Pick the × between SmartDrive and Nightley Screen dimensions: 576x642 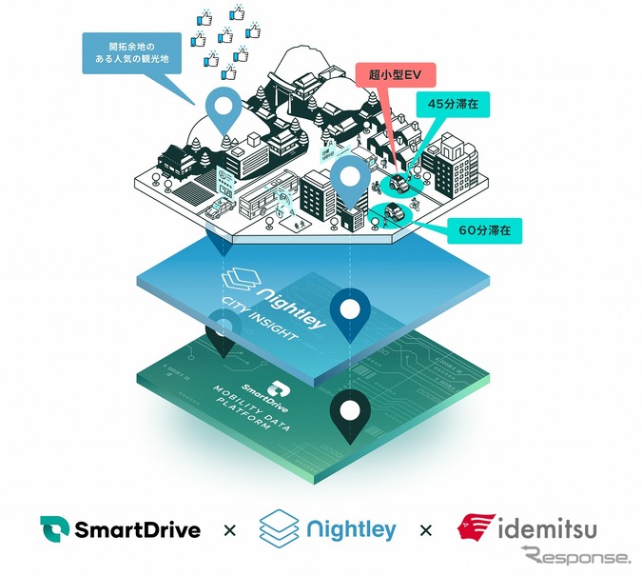(x=228, y=529)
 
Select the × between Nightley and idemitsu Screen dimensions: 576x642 (x=425, y=529)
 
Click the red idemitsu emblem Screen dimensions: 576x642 (x=477, y=526)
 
